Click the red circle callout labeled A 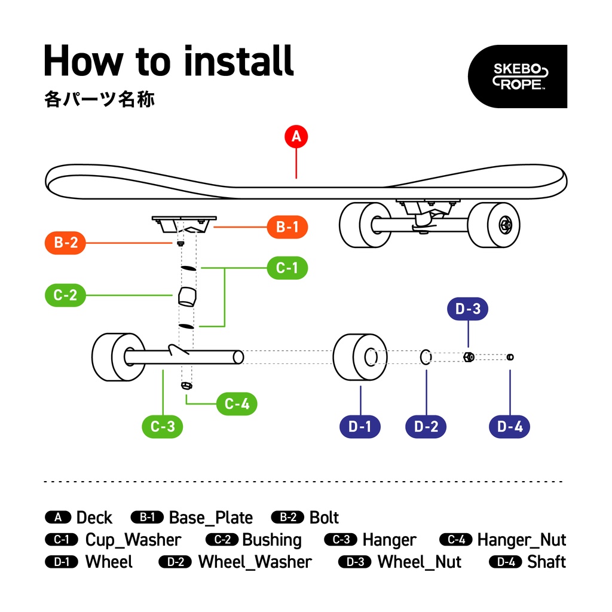pyautogui.click(x=296, y=137)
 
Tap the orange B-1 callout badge pyautogui.click(x=287, y=227)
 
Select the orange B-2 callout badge pyautogui.click(x=66, y=243)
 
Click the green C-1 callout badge pyautogui.click(x=287, y=268)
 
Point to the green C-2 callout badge pyautogui.click(x=66, y=295)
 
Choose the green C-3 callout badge pyautogui.click(x=163, y=426)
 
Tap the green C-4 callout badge pyautogui.click(x=237, y=405)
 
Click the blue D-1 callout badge pyautogui.click(x=360, y=426)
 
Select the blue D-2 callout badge pyautogui.click(x=426, y=426)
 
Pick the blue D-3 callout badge pyautogui.click(x=468, y=310)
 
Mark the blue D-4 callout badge pyautogui.click(x=510, y=426)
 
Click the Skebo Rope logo pyautogui.click(x=517, y=76)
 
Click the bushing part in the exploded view pyautogui.click(x=187, y=296)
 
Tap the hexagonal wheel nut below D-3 pyautogui.click(x=469, y=357)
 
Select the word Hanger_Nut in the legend pyautogui.click(x=521, y=540)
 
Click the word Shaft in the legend pyautogui.click(x=546, y=562)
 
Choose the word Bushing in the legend pyautogui.click(x=272, y=540)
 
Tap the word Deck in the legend pyautogui.click(x=94, y=518)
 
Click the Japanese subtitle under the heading pyautogui.click(x=99, y=99)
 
